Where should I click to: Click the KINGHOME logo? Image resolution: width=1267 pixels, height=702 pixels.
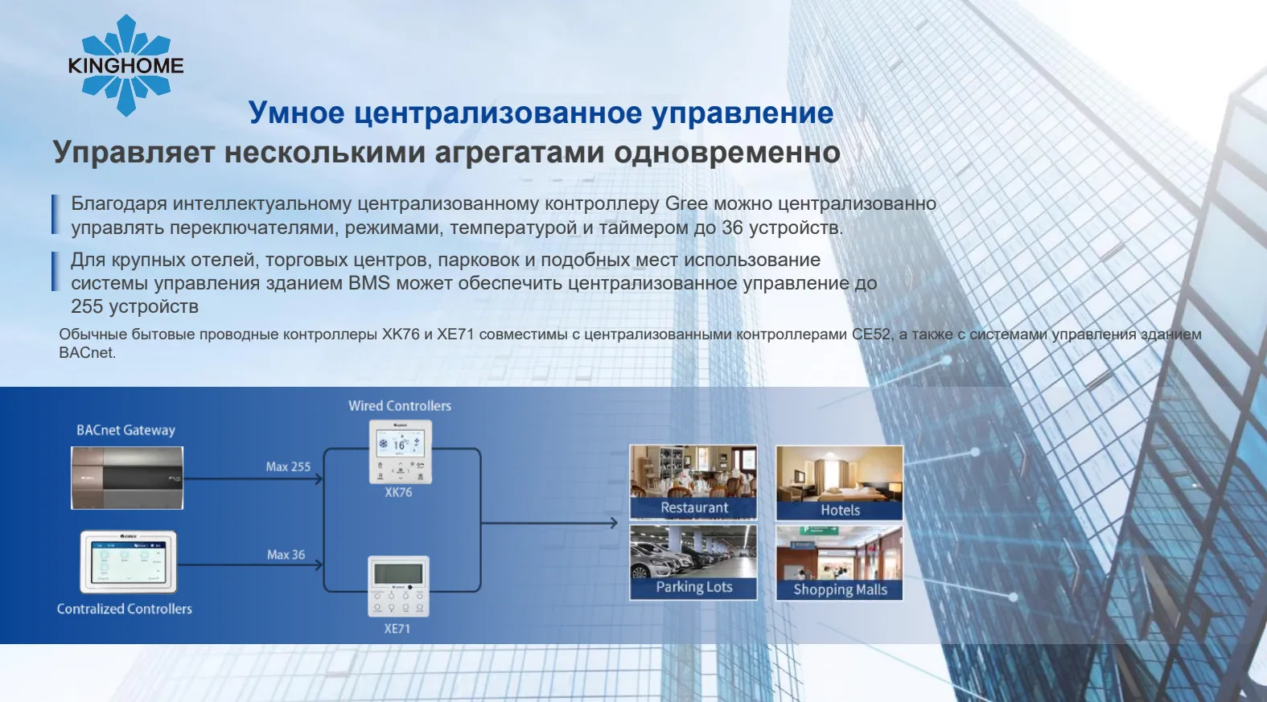[x=125, y=66]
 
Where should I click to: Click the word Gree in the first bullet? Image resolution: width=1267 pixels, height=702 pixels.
[x=686, y=203]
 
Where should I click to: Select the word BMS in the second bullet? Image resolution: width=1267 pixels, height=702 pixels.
[x=368, y=282]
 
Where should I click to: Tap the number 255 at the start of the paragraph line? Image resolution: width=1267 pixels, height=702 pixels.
[x=87, y=306]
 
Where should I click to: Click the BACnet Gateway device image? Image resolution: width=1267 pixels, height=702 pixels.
[x=127, y=478]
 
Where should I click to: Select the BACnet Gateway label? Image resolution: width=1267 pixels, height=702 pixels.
[x=125, y=430]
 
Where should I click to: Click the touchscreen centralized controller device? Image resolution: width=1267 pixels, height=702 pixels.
[x=129, y=562]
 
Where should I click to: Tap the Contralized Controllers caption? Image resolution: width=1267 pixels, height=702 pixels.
[x=125, y=609]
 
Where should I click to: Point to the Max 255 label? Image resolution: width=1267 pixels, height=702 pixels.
[x=288, y=466]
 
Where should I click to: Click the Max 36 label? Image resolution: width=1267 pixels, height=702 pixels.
[x=286, y=555]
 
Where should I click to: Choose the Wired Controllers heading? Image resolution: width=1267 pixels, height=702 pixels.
[x=399, y=406]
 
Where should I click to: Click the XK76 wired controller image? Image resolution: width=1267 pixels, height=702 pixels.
[x=400, y=452]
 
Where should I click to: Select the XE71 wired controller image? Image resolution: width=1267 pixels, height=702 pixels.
[x=398, y=586]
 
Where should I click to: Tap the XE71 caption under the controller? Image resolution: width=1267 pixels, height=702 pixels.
[x=397, y=629]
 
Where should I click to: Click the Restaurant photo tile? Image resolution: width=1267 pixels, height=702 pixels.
[x=693, y=482]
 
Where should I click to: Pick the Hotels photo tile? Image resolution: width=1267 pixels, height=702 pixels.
[x=839, y=482]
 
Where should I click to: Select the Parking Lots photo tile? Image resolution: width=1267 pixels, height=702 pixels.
[x=693, y=562]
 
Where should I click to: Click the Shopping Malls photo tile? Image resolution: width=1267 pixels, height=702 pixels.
[x=839, y=562]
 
